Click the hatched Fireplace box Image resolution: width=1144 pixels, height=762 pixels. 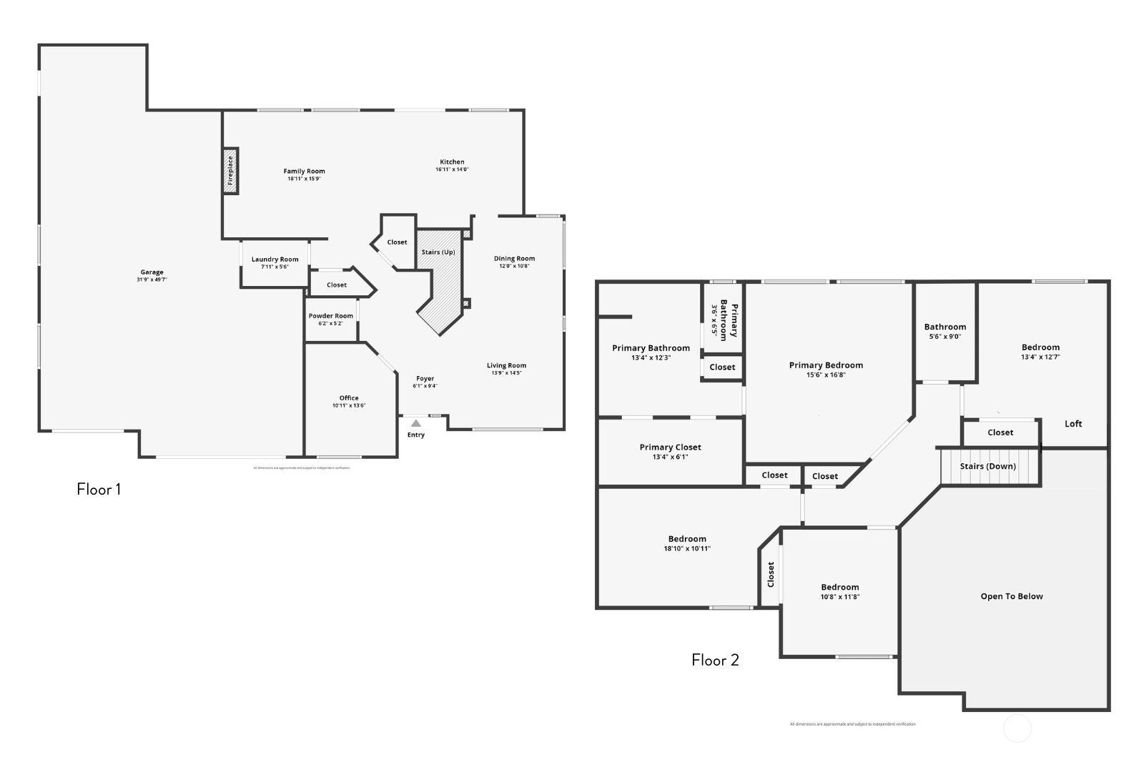click(x=230, y=171)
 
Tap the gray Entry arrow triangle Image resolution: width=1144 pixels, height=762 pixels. click(x=416, y=424)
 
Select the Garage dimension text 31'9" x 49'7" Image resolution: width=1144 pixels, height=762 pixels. click(x=152, y=279)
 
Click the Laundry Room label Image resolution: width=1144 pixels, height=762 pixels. click(x=275, y=259)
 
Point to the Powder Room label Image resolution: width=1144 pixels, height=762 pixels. click(x=330, y=316)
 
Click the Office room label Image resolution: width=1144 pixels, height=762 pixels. click(x=349, y=398)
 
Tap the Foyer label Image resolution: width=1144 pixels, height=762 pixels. click(x=425, y=379)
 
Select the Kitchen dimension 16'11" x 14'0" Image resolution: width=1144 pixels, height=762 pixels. click(x=452, y=169)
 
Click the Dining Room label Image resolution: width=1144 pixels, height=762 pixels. click(x=514, y=259)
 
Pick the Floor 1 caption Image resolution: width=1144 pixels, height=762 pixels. click(x=99, y=490)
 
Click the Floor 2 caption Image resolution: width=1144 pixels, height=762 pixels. click(x=715, y=660)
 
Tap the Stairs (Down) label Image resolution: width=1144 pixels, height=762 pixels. click(x=987, y=466)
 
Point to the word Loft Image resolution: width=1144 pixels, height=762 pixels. click(x=1073, y=424)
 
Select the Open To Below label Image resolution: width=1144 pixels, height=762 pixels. click(x=1011, y=596)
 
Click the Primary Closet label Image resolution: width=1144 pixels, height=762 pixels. click(x=670, y=447)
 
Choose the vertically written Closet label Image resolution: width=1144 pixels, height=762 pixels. click(x=771, y=574)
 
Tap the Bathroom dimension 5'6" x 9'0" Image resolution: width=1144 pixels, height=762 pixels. click(x=945, y=336)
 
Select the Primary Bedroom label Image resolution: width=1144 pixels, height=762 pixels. click(x=826, y=365)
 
